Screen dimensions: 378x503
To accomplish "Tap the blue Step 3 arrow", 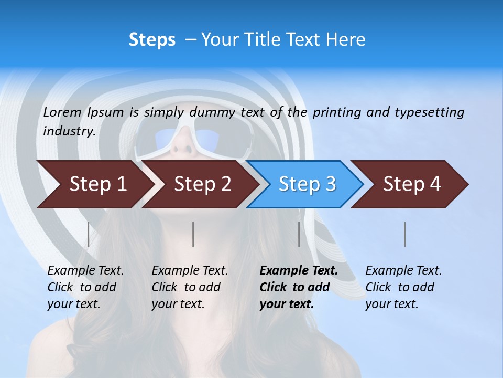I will [307, 184].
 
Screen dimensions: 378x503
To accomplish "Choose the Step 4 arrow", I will [411, 184].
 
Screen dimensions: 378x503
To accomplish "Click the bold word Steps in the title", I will [152, 40].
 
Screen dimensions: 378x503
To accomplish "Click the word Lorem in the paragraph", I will [62, 112].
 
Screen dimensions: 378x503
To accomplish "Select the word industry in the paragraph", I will [69, 131].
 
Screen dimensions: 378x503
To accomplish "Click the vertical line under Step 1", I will [89, 234].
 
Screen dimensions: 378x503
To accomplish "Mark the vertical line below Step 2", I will [193, 234].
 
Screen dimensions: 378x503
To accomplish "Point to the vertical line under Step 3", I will [299, 234].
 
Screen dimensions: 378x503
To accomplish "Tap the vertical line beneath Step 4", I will [405, 234].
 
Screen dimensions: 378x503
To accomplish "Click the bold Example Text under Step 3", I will [299, 271].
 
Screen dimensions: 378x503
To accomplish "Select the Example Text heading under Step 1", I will [85, 271].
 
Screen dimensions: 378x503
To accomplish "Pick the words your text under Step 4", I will [391, 304].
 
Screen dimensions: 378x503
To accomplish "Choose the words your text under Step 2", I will [178, 304].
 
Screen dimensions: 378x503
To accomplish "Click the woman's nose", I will [181, 144].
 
